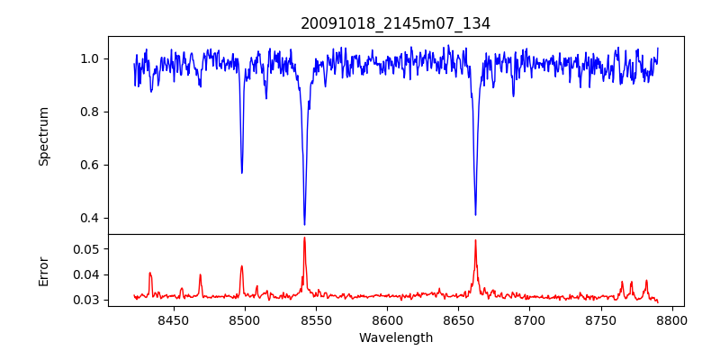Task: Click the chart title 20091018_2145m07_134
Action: [x=396, y=23]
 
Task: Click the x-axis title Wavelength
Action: [x=396, y=337]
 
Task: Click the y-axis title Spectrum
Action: [x=43, y=136]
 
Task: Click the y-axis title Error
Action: [x=43, y=270]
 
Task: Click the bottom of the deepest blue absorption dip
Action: [x=304, y=224]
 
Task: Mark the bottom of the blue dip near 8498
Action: [x=242, y=172]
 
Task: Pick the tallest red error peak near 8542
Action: [x=304, y=238]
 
